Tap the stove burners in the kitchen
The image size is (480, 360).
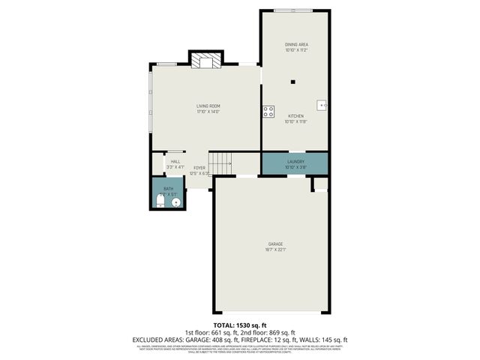(268, 112)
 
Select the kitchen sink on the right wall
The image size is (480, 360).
(322, 106)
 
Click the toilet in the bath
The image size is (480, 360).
(162, 200)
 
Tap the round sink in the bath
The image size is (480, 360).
(176, 201)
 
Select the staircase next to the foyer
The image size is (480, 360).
(220, 162)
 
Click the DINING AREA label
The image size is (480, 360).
(295, 44)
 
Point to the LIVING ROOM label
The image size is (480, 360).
(207, 106)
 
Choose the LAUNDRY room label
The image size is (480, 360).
(295, 160)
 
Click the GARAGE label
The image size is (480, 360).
(276, 244)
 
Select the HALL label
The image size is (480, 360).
(175, 161)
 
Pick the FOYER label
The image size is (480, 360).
(199, 167)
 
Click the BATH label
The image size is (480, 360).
(168, 189)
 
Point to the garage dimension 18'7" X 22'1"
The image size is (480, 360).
(276, 250)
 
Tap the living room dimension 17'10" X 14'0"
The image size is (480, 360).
(207, 112)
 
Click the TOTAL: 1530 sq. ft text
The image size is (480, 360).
(240, 325)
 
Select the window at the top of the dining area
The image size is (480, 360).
(294, 10)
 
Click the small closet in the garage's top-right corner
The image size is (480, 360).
(320, 184)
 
